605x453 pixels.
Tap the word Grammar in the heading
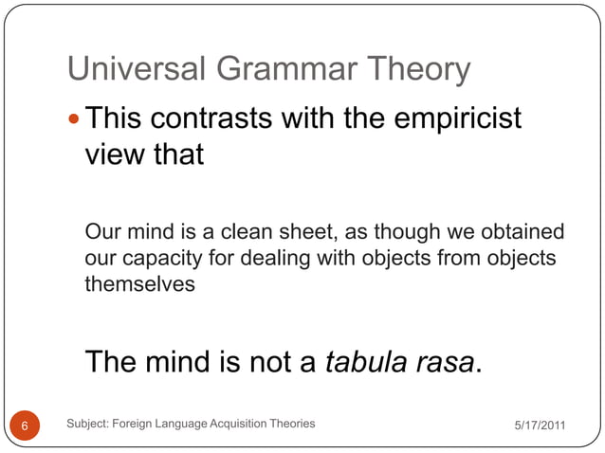click(x=269, y=69)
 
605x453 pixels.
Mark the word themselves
click(x=139, y=284)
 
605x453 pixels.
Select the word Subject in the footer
click(x=88, y=424)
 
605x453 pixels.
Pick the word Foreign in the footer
click(x=136, y=424)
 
